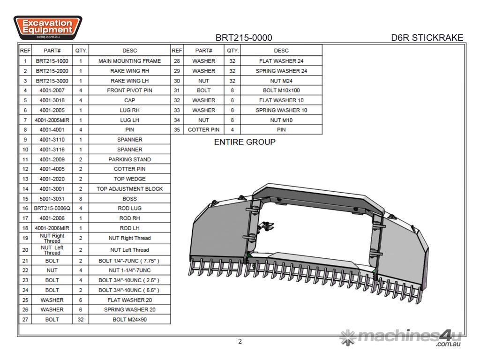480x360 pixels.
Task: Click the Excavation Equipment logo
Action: click(47, 27)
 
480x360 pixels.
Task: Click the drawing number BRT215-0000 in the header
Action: click(243, 38)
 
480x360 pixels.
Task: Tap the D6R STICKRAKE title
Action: click(427, 38)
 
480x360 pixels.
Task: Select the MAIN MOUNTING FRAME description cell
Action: click(129, 61)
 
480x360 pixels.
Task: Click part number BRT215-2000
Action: click(52, 71)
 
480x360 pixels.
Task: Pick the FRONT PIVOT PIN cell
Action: click(129, 90)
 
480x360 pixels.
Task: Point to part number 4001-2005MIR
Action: click(52, 120)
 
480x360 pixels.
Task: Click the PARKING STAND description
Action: click(129, 159)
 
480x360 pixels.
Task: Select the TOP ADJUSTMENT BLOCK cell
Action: click(129, 189)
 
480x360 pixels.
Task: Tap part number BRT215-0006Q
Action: click(52, 208)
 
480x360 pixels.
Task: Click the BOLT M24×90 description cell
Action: click(129, 319)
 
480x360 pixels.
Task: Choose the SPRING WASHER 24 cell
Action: click(281, 71)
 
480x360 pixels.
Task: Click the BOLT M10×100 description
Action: click(281, 90)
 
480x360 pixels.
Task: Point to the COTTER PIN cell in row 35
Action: click(203, 130)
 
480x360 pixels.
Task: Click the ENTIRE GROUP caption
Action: click(245, 142)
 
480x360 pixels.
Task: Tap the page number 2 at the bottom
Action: click(240, 341)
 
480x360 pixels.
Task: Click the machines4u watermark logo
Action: click(401, 337)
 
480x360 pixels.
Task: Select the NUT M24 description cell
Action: click(281, 81)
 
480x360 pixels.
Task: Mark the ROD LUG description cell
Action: click(129, 208)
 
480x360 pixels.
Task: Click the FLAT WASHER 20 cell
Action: click(129, 300)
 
